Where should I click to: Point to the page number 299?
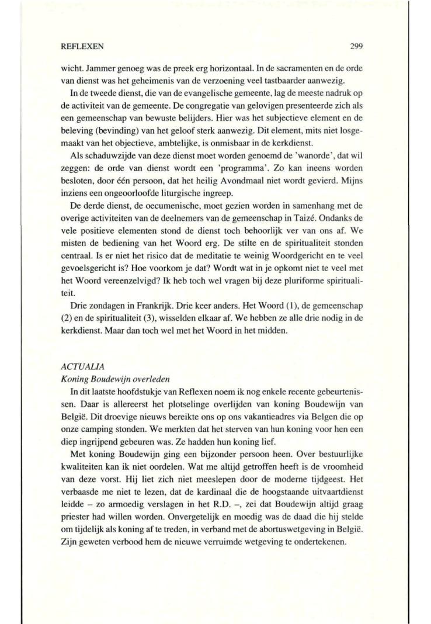tap(357, 44)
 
